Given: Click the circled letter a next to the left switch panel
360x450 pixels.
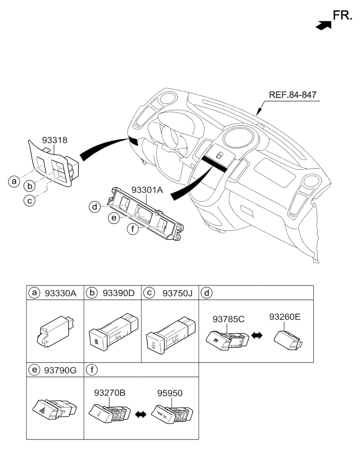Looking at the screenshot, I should [x=14, y=181].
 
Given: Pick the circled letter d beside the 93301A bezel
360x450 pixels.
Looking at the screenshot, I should [x=95, y=206].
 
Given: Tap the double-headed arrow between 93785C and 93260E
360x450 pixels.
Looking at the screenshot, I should [x=257, y=336].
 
